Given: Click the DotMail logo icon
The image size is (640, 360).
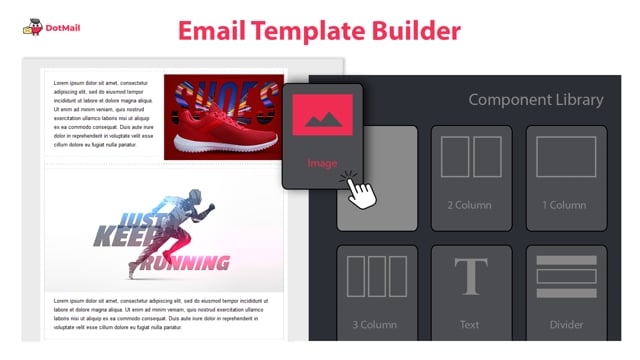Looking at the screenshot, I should tap(31, 29).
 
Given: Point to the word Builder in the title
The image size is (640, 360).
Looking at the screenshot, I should tap(422, 30).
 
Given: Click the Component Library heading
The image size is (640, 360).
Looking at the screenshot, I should tap(536, 100).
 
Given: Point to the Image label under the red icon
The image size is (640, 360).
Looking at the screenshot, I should tap(322, 163).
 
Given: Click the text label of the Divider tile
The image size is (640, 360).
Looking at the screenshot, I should tap(566, 324).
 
